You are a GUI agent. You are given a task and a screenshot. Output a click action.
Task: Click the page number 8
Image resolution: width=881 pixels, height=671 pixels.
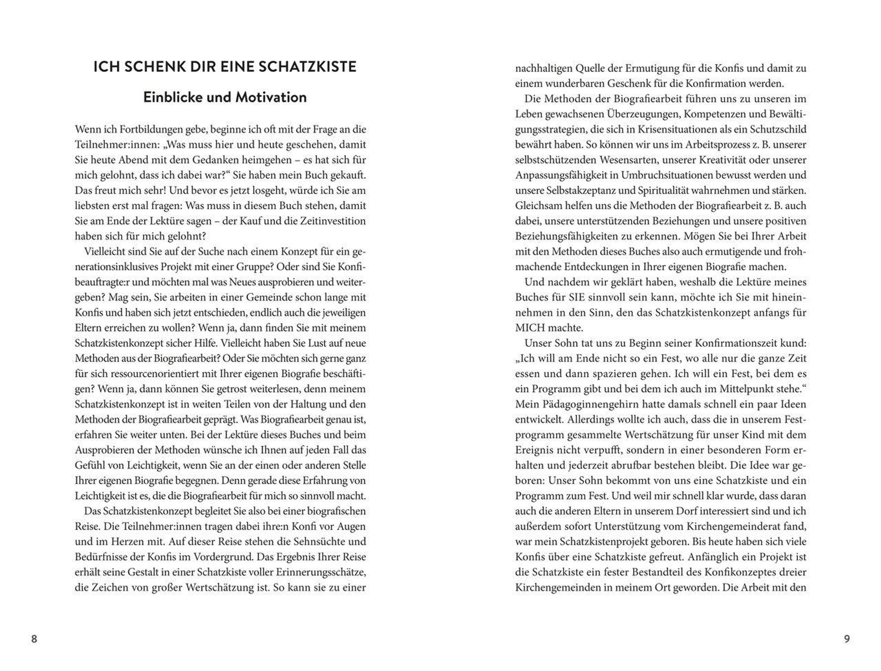click(34, 639)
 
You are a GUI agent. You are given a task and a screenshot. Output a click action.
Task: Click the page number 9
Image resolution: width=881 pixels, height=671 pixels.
click(847, 639)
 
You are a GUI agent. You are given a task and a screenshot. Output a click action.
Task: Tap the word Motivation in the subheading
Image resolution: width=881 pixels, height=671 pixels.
click(271, 97)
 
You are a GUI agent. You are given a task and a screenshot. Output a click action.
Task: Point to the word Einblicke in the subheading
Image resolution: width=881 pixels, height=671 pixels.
click(173, 97)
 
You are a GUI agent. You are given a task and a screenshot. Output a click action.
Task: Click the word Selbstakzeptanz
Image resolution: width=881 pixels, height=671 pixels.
click(577, 190)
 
